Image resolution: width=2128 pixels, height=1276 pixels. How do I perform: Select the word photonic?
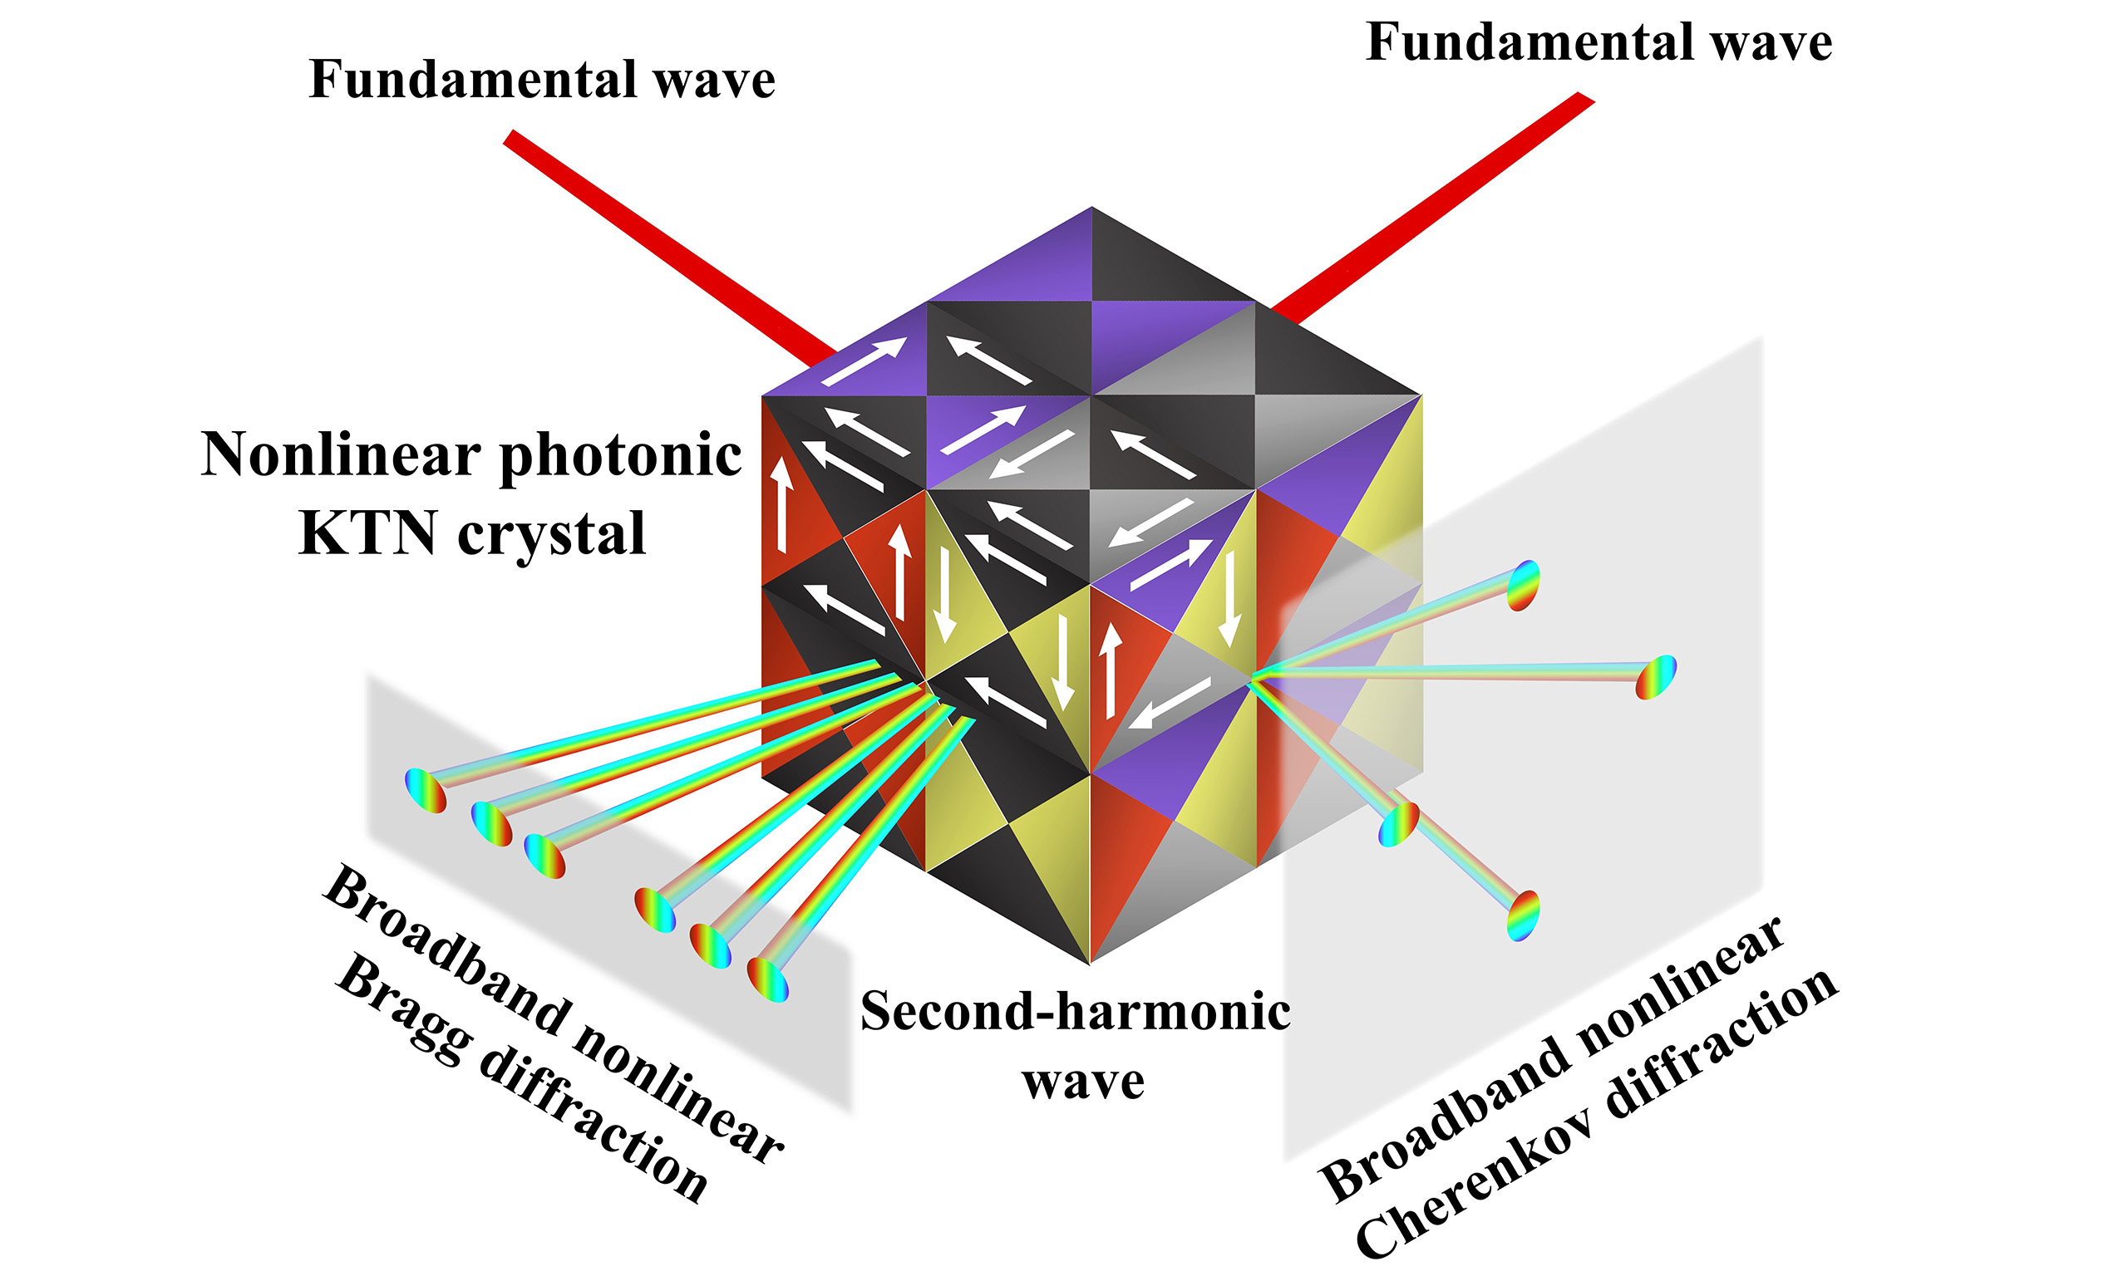coord(620,456)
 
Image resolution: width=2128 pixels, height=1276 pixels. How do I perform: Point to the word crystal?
coord(551,534)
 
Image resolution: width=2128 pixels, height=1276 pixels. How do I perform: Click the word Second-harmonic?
coord(1075,1011)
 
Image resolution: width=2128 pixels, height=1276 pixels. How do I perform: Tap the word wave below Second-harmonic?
coord(1083,1081)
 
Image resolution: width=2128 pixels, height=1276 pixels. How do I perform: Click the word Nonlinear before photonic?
coord(341,456)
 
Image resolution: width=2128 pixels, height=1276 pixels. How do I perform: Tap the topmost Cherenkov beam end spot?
coord(1525,586)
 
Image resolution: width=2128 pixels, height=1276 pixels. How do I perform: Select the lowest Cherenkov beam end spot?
coord(1523,915)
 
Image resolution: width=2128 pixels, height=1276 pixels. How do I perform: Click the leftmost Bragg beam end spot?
coord(426,790)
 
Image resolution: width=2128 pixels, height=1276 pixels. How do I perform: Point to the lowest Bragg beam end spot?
coord(767,979)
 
